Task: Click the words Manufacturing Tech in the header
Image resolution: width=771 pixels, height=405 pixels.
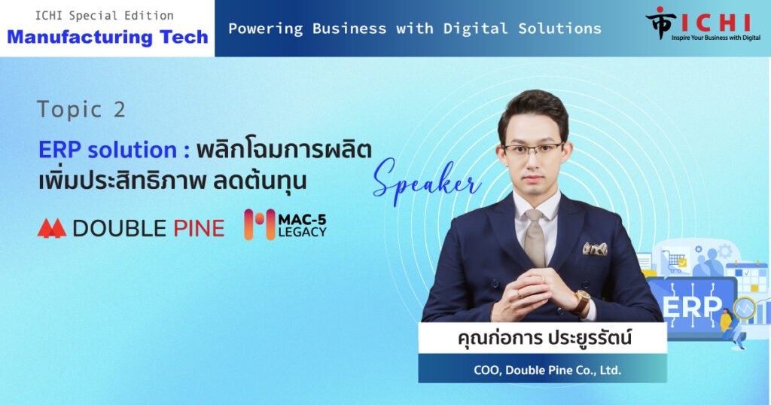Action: tap(108, 37)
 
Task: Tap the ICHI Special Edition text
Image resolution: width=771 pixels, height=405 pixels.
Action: tap(104, 16)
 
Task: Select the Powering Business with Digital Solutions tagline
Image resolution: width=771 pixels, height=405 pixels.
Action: tap(415, 29)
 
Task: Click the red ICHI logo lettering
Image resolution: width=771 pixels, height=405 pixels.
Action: tap(715, 23)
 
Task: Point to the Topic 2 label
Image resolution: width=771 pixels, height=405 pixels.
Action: tap(81, 109)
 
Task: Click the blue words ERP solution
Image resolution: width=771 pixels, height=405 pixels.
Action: tap(114, 150)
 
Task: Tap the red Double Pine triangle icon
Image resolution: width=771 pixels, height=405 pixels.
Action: tap(52, 228)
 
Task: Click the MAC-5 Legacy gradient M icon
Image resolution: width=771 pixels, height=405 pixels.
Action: tap(260, 224)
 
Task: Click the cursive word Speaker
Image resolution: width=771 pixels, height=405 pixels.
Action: tap(426, 182)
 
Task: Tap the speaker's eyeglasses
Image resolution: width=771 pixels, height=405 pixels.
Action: tap(533, 149)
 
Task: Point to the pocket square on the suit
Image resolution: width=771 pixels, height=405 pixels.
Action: tap(595, 248)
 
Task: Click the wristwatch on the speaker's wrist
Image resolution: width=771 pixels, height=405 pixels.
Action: tap(582, 301)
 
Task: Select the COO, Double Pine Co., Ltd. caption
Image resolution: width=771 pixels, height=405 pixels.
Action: tap(547, 370)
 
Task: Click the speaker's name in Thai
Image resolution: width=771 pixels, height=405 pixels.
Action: tap(544, 338)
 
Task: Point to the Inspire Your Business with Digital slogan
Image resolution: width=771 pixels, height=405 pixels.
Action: tap(716, 38)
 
